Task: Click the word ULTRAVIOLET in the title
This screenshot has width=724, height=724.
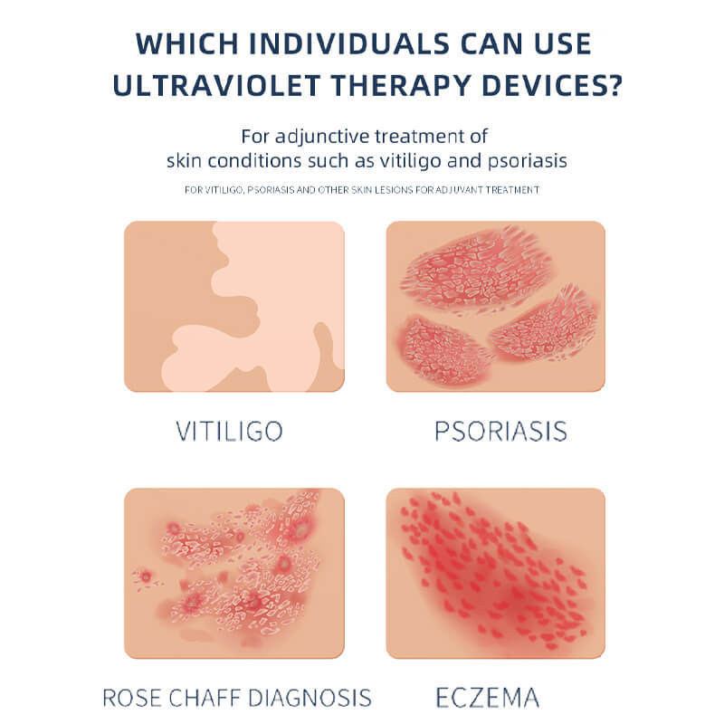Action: click(216, 85)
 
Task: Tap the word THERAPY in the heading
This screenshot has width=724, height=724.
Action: click(401, 85)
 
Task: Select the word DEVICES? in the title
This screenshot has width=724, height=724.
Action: click(553, 85)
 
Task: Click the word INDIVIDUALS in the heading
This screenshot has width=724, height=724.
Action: click(349, 43)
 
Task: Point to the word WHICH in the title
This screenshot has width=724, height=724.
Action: click(187, 43)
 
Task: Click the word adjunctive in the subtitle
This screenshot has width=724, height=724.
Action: click(322, 138)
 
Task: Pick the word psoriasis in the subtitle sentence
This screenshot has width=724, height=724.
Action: click(528, 161)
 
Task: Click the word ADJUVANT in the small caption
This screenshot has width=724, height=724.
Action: click(452, 190)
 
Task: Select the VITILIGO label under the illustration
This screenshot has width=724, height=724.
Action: click(230, 432)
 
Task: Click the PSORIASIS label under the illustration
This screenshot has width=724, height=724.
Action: click(501, 432)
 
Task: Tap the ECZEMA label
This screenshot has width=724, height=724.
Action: click(488, 698)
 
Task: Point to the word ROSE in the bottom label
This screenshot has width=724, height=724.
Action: click(132, 698)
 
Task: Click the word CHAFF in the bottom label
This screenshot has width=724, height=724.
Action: click(205, 698)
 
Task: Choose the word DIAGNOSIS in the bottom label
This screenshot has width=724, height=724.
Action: click(310, 698)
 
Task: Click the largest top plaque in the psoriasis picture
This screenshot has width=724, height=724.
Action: click(476, 270)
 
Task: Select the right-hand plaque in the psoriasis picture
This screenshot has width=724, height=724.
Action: click(545, 326)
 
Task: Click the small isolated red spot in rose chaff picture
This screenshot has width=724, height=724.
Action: click(146, 577)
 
